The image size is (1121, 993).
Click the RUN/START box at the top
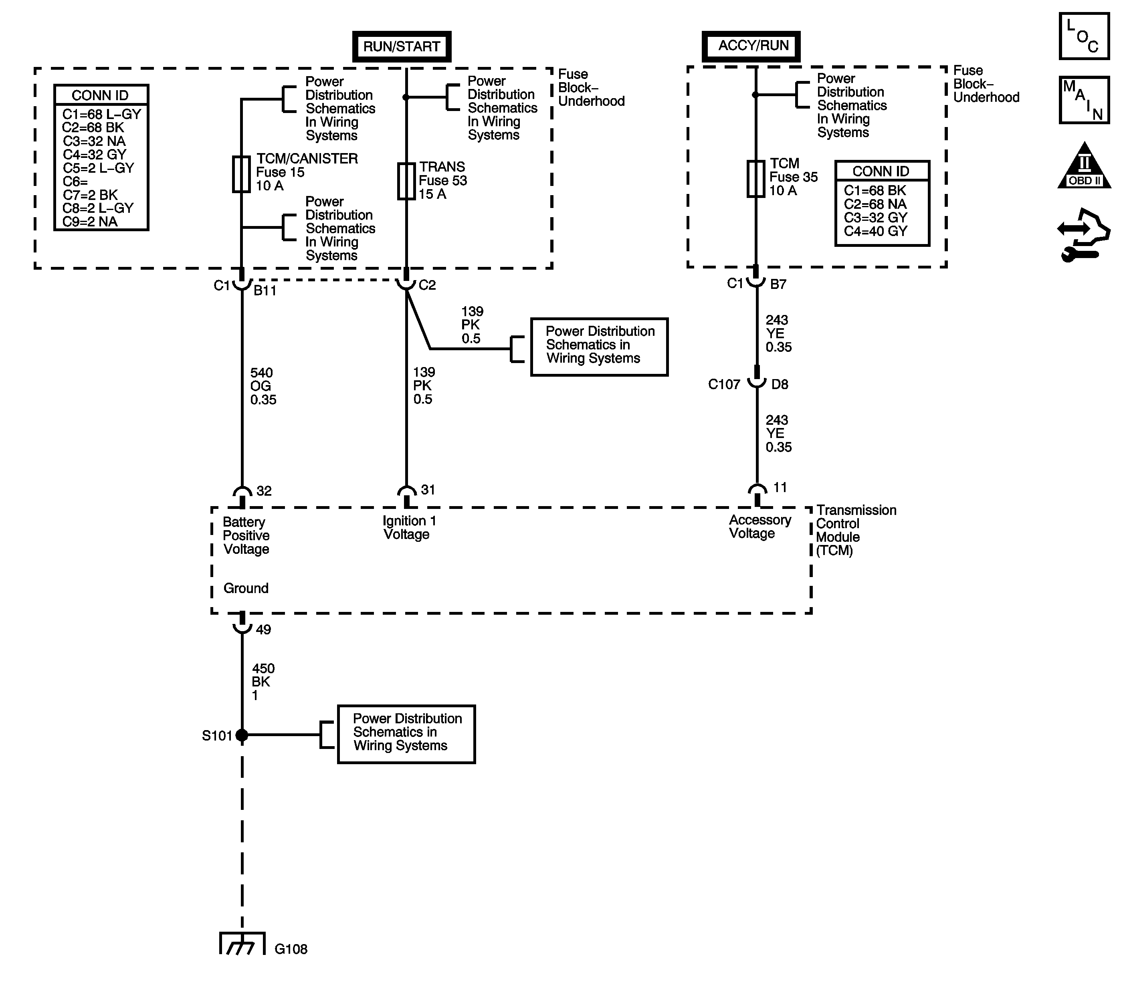(x=402, y=46)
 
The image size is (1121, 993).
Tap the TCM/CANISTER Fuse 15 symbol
(x=241, y=174)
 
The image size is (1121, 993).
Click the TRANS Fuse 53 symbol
(x=406, y=181)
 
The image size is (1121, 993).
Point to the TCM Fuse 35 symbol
(x=756, y=178)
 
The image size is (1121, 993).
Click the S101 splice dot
(x=241, y=735)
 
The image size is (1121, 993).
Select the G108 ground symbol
(x=242, y=943)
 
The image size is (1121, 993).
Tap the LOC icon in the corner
(x=1084, y=36)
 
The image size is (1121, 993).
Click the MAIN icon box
(x=1084, y=100)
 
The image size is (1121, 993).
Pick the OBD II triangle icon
(x=1084, y=165)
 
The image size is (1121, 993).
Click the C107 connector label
(x=724, y=384)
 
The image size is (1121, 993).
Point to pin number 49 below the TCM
(x=263, y=630)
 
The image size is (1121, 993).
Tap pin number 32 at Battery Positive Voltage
(x=264, y=491)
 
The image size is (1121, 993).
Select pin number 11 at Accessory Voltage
(x=780, y=487)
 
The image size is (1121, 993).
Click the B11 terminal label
(x=265, y=291)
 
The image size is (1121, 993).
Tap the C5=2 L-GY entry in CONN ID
(x=98, y=168)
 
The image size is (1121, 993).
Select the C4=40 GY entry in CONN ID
(x=875, y=231)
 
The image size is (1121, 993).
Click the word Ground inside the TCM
(x=246, y=588)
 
